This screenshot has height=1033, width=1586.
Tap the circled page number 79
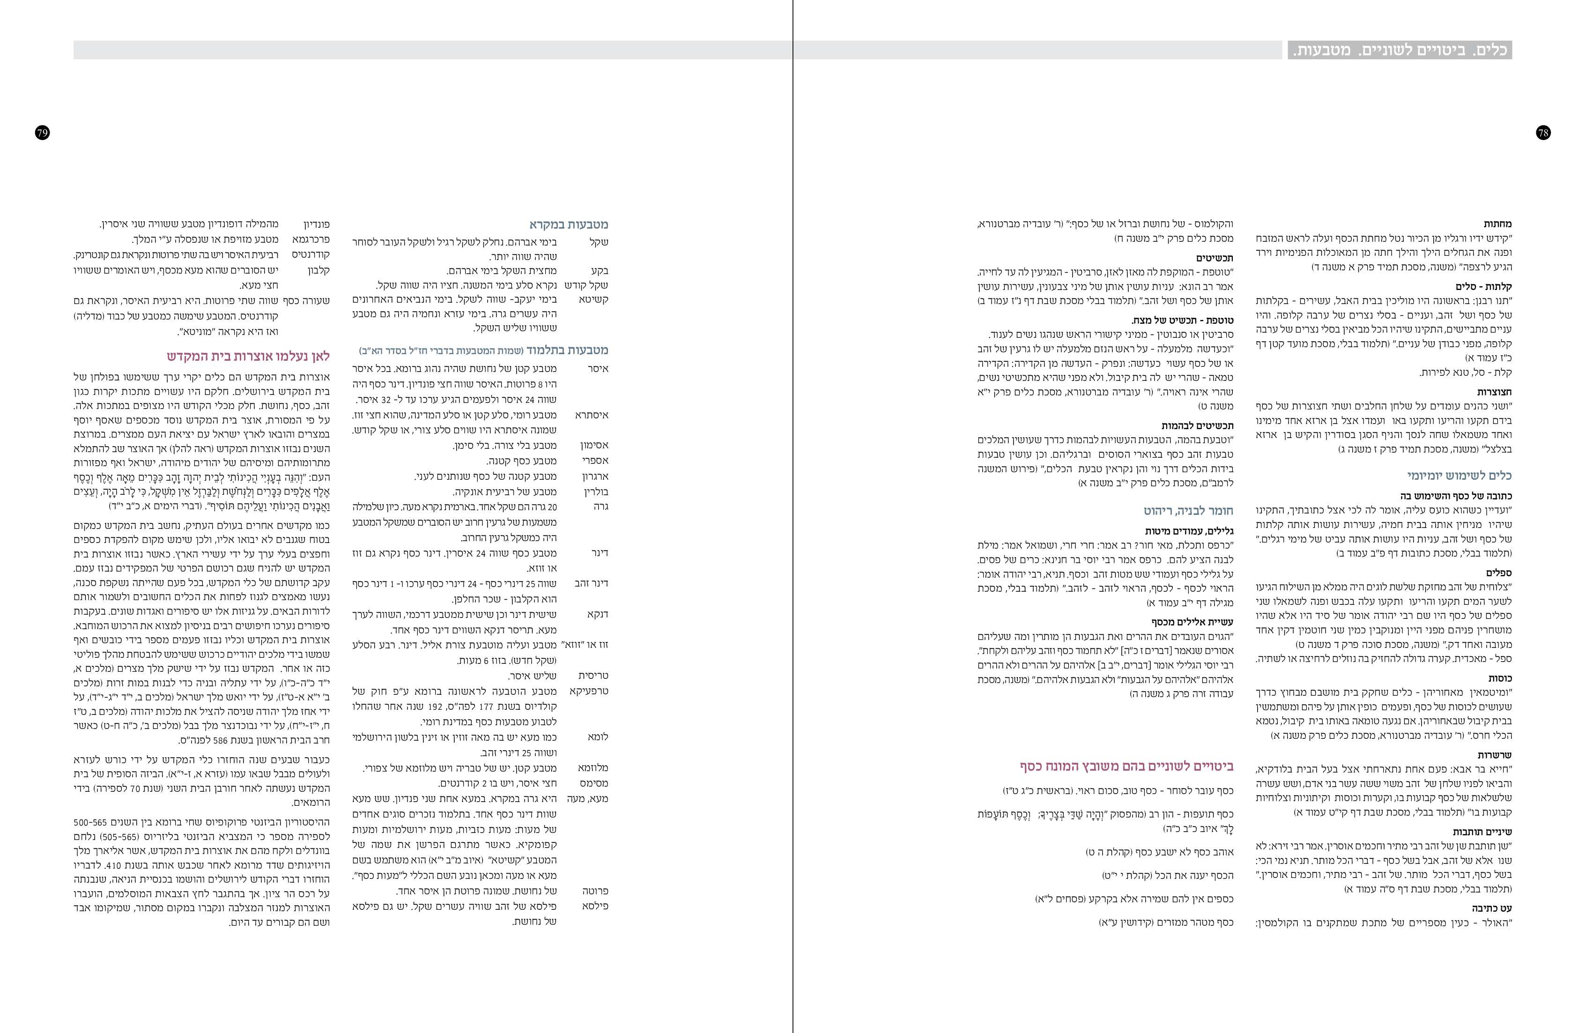[x=42, y=133]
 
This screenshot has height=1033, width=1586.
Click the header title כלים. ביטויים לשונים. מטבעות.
[x=1400, y=50]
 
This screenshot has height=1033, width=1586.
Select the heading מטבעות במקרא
[x=569, y=224]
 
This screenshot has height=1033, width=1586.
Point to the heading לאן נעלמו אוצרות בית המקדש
[x=249, y=356]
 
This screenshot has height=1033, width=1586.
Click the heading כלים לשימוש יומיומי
[x=1460, y=475]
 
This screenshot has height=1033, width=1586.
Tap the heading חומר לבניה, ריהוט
[x=1188, y=511]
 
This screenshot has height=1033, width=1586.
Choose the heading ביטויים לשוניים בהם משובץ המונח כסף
[x=1126, y=766]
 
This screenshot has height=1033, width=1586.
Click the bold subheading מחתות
[x=1497, y=224]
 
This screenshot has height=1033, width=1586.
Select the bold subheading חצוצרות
[x=1494, y=392]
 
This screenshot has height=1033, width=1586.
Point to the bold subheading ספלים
[x=1499, y=572]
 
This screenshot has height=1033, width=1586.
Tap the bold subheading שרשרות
[x=1495, y=755]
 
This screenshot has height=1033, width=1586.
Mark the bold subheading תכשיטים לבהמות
[x=1198, y=425]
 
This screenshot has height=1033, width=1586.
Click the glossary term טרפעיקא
[x=589, y=691]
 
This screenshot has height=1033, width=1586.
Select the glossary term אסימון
[x=594, y=445]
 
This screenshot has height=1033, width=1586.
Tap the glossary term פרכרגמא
[x=311, y=239]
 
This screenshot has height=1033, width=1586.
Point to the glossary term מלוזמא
[x=593, y=768]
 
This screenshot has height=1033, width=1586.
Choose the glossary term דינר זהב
[x=591, y=583]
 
